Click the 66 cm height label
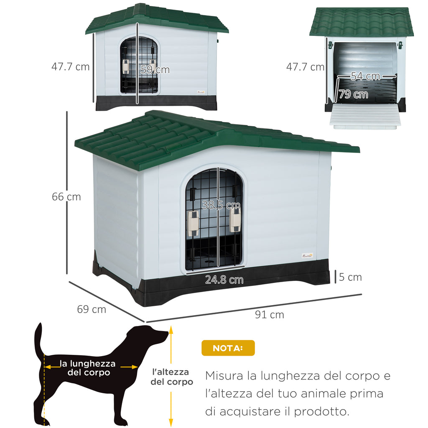click(66, 196)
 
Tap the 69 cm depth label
click(92, 309)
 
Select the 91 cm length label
click(270, 315)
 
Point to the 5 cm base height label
click(350, 277)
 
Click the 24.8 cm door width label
click(224, 280)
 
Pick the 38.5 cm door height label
click(221, 205)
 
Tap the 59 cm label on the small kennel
click(155, 70)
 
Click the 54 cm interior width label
click(365, 76)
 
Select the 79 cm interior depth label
click(354, 94)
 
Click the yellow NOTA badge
click(228, 348)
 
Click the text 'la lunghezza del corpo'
click(88, 368)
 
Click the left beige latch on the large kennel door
click(193, 223)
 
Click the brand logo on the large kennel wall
click(307, 256)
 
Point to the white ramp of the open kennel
click(365, 116)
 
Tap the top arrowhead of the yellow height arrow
click(171, 330)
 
